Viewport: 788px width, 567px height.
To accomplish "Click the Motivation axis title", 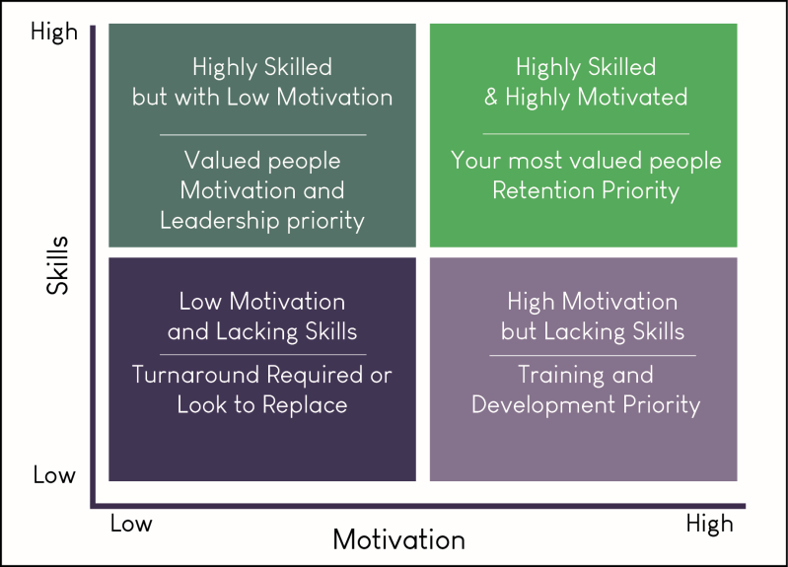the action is (398, 540).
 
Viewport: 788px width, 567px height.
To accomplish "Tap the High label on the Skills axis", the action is (54, 32).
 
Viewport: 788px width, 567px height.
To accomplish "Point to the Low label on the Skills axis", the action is (54, 474).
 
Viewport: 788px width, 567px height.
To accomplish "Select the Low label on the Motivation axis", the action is (130, 523).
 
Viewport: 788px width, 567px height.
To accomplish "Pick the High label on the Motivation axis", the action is (709, 523).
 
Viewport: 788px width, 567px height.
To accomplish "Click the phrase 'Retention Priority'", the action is (586, 189).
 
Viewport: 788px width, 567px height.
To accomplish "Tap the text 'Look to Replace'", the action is (262, 404).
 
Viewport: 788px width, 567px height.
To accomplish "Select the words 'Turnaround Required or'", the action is (262, 376).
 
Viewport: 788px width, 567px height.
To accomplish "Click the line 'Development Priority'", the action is (586, 404).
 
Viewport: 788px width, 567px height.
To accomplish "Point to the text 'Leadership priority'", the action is (262, 219).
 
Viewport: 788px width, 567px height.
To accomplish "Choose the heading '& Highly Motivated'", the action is (586, 97).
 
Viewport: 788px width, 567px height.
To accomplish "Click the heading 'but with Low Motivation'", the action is (262, 97).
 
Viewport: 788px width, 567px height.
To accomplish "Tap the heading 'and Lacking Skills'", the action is (262, 331).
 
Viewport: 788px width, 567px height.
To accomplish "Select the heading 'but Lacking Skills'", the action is (592, 331).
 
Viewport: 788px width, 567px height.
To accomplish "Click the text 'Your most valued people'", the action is (586, 160).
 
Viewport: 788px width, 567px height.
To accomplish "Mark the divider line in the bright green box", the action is (586, 133).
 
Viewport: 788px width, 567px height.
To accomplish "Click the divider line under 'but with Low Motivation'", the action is (262, 133).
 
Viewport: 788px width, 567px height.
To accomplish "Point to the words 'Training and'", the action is (586, 375).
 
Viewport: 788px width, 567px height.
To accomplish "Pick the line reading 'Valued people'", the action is (262, 160).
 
